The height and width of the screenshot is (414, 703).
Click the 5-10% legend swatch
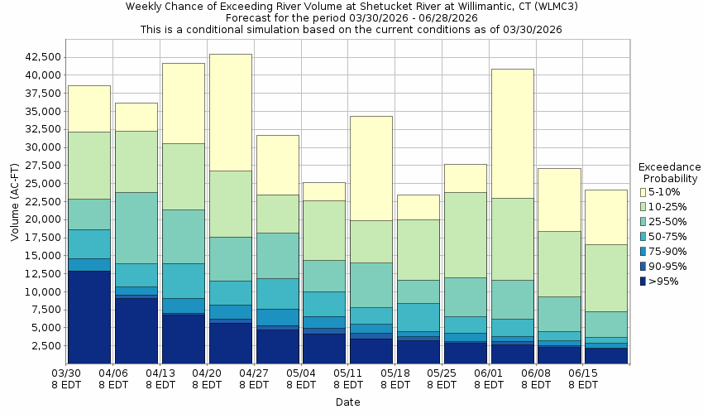click(x=643, y=192)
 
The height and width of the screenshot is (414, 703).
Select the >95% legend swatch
click(x=643, y=282)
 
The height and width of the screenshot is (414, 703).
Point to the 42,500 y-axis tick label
click(x=39, y=57)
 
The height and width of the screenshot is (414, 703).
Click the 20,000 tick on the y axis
click(x=39, y=219)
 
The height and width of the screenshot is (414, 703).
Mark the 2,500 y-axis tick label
click(x=42, y=346)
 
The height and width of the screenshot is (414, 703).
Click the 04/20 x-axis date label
click(x=207, y=379)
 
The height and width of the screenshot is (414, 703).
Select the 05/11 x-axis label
click(x=348, y=379)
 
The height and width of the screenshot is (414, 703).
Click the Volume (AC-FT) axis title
click(x=15, y=203)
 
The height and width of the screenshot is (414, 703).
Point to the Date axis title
click(x=347, y=402)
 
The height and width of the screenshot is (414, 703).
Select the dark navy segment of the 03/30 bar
click(x=88, y=317)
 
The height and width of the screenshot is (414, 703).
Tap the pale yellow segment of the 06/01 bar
click(x=512, y=132)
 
